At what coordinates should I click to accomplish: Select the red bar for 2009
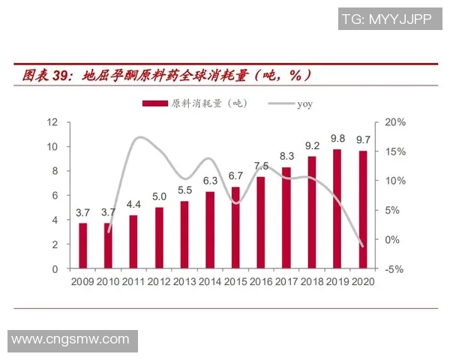tap(83, 245)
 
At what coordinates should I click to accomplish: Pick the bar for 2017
tap(286, 217)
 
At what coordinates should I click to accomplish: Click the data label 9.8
tap(337, 139)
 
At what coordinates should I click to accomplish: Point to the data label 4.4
tap(133, 204)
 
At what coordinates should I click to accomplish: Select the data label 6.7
tap(235, 176)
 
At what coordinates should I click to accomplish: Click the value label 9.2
tap(312, 145)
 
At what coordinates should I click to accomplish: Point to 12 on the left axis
tap(52, 121)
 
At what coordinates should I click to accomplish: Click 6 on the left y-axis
tap(55, 195)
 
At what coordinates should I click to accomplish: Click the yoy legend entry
tap(304, 103)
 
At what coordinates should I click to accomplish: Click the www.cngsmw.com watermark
tap(70, 340)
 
